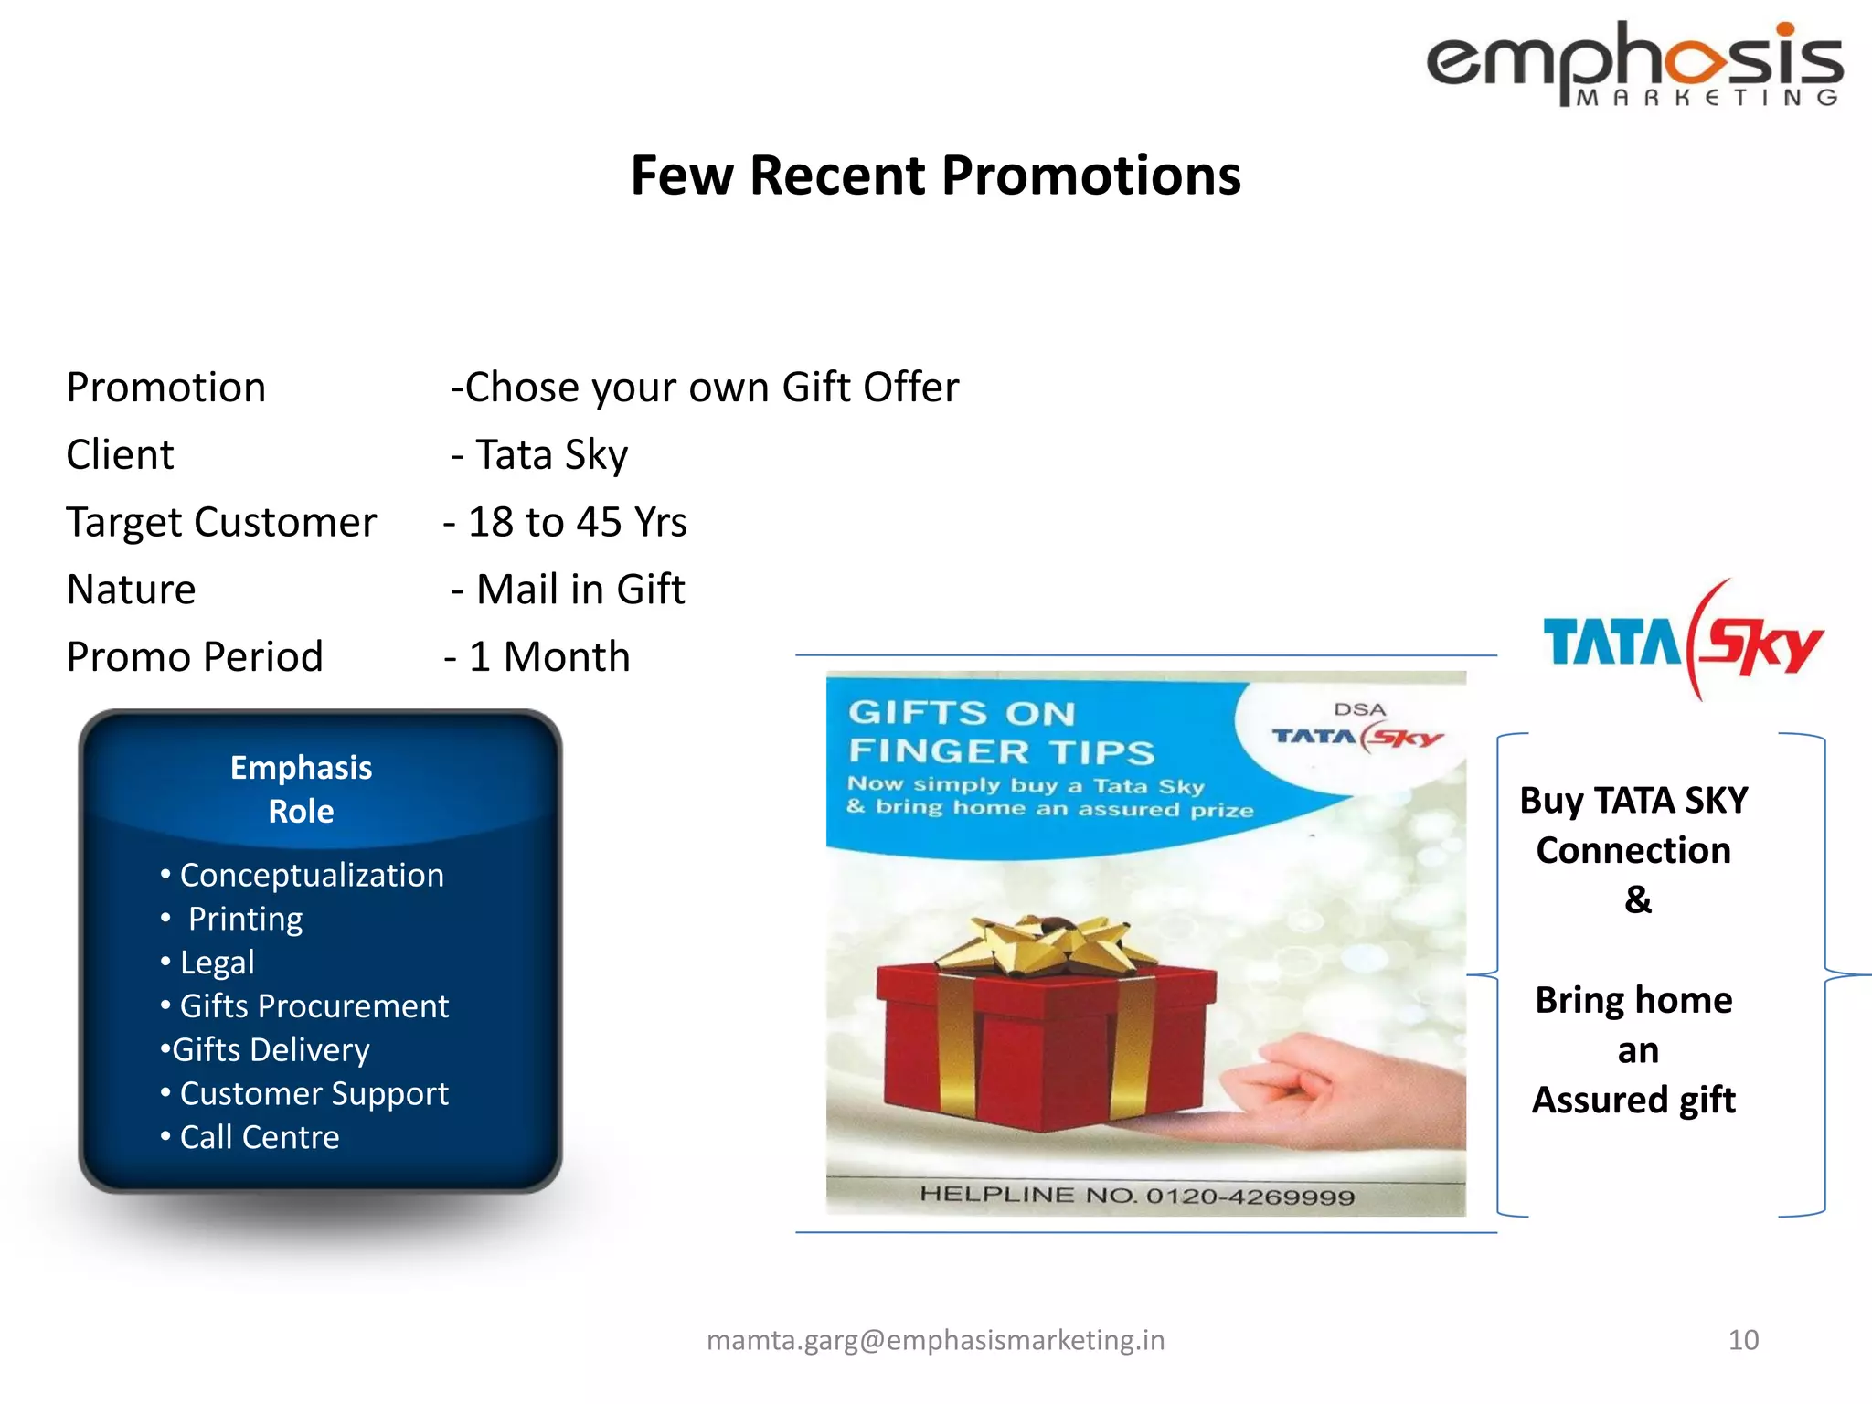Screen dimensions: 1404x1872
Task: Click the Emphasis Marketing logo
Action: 1634,64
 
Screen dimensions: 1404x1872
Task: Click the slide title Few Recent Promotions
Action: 935,175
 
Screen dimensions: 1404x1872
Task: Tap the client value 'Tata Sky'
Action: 551,455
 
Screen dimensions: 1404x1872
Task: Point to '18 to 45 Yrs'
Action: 577,523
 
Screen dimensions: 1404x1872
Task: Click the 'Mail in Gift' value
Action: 580,590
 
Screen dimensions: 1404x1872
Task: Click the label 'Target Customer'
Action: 221,523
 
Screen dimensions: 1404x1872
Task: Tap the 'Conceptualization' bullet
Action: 311,876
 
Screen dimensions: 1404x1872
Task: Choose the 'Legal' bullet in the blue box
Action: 217,963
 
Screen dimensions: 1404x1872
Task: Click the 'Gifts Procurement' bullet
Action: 314,1006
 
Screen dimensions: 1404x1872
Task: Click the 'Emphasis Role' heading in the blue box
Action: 301,789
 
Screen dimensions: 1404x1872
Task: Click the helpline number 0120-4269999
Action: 1250,1197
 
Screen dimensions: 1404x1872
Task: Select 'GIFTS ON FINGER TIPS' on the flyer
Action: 1001,732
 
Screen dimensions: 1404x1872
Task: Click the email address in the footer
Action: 935,1340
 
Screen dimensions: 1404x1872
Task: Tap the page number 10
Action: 1743,1340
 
